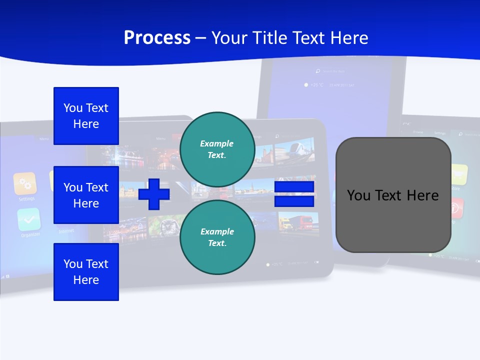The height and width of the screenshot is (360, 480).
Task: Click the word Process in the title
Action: pyautogui.click(x=157, y=38)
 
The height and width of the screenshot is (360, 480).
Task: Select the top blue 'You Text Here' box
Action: pyautogui.click(x=86, y=116)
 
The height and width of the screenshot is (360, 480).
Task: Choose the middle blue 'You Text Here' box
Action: pyautogui.click(x=86, y=195)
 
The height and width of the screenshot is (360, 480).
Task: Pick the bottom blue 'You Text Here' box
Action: pyautogui.click(x=86, y=271)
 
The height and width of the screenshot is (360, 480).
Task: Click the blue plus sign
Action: pyautogui.click(x=153, y=194)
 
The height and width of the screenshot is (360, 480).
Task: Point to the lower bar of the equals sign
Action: pyautogui.click(x=294, y=201)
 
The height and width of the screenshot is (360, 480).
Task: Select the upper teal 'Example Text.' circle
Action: pyautogui.click(x=217, y=149)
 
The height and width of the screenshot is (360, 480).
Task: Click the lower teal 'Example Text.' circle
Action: pyautogui.click(x=217, y=237)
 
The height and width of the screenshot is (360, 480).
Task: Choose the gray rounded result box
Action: pyautogui.click(x=393, y=194)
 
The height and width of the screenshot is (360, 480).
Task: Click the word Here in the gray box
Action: pyautogui.click(x=423, y=195)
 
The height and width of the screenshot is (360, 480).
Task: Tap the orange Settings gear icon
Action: pyautogui.click(x=25, y=183)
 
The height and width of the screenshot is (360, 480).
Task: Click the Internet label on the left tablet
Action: pyautogui.click(x=66, y=231)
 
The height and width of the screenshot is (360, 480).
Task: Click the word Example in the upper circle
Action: pyautogui.click(x=217, y=143)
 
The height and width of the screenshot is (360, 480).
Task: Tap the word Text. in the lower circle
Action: pyautogui.click(x=217, y=243)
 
